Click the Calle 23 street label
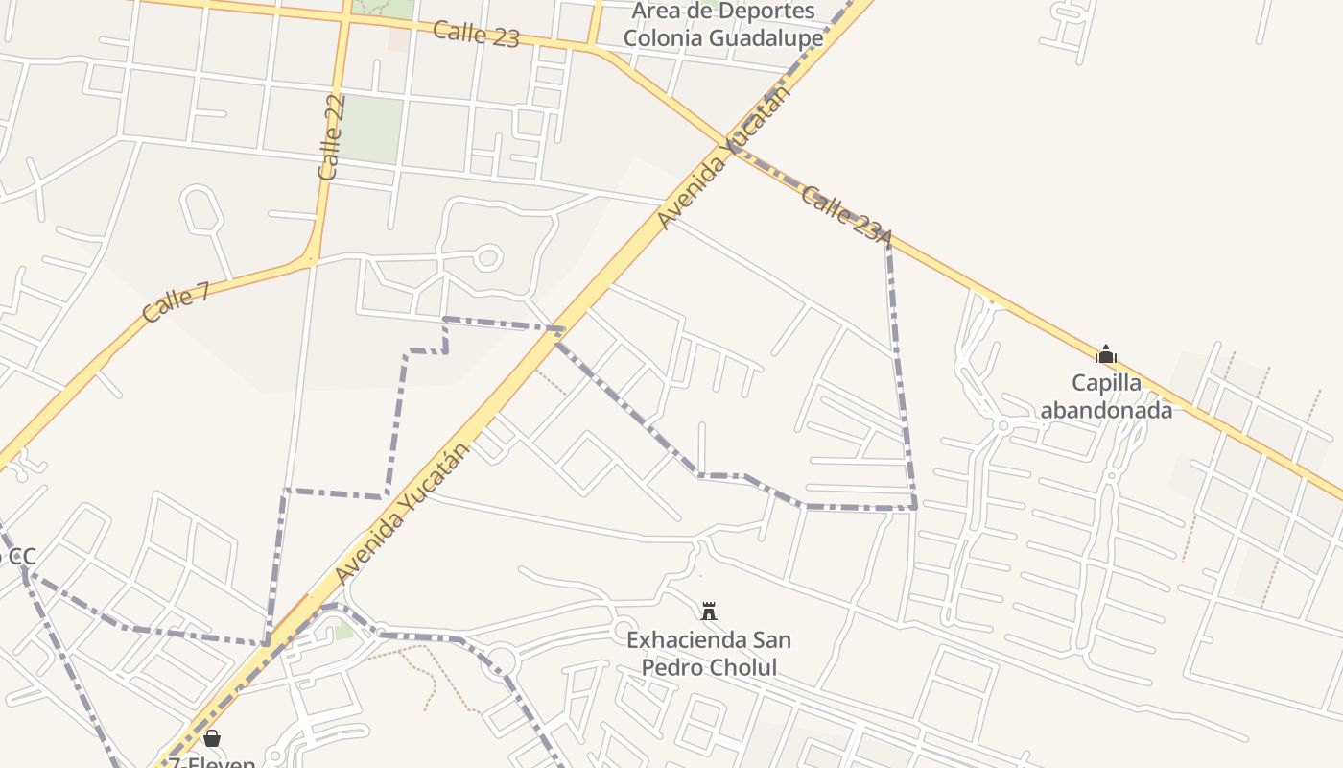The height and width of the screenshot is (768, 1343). point(476,34)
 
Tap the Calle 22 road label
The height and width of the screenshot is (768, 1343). point(331,137)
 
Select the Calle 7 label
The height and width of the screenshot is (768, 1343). point(176,301)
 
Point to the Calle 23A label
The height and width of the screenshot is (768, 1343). point(846,214)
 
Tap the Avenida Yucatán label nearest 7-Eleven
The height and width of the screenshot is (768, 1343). point(403,513)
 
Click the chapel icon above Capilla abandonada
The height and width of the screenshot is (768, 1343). point(1106,354)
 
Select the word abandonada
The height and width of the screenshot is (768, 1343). point(1106,410)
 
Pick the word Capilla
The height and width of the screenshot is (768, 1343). point(1106,383)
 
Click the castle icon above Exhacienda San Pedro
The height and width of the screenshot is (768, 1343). point(709,611)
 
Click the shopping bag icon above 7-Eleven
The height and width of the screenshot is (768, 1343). point(212,738)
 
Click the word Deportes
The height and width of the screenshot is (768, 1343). point(761,12)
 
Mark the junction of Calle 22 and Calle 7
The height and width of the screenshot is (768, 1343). point(311,259)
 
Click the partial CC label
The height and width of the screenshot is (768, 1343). point(17,556)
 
